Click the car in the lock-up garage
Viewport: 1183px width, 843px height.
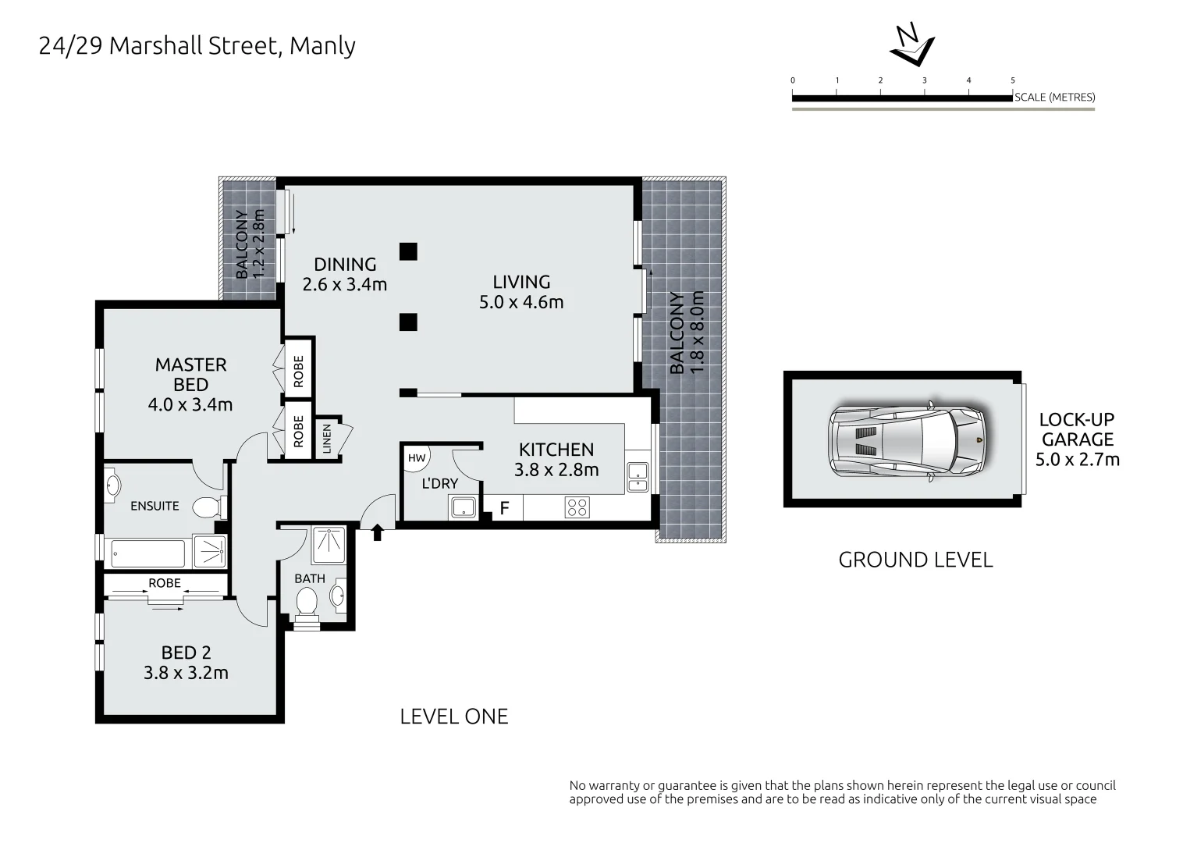tap(910, 441)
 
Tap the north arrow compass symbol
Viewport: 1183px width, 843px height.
tap(911, 46)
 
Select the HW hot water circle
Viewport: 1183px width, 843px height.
tap(417, 457)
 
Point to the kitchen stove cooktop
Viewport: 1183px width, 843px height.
tap(577, 507)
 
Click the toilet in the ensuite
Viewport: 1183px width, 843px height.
tap(208, 507)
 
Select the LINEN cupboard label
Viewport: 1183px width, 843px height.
tap(327, 439)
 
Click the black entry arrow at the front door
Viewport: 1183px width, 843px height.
tap(378, 532)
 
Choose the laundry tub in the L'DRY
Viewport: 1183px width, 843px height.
tap(464, 508)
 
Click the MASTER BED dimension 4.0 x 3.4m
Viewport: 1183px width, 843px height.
tap(190, 405)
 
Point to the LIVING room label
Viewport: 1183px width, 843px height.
tap(521, 282)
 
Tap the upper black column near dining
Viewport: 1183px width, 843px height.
tap(408, 251)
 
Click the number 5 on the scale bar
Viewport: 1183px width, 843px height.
tap(1013, 80)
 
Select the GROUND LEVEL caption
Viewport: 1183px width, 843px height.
tap(915, 560)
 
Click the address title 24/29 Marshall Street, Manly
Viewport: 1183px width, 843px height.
tap(197, 46)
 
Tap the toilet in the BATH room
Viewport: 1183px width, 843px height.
tap(306, 602)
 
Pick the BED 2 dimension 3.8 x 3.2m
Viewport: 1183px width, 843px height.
tap(186, 673)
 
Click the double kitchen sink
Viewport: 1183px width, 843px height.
tap(637, 477)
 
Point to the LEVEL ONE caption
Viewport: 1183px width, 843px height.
tap(453, 716)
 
